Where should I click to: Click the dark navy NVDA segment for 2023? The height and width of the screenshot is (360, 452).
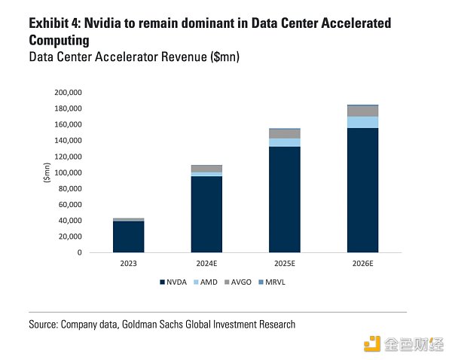point(128,236)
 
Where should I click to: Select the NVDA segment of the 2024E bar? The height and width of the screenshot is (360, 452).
point(206,214)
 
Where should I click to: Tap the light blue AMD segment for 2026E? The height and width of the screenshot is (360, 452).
point(362,122)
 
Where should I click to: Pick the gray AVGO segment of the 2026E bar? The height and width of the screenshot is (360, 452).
point(362,111)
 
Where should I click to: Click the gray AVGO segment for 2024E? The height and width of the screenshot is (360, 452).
point(206,169)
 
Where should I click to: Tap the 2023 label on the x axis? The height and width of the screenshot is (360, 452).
point(128,264)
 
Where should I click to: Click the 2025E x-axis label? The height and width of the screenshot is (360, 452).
point(285,264)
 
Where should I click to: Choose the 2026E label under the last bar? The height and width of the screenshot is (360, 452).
point(362,264)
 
